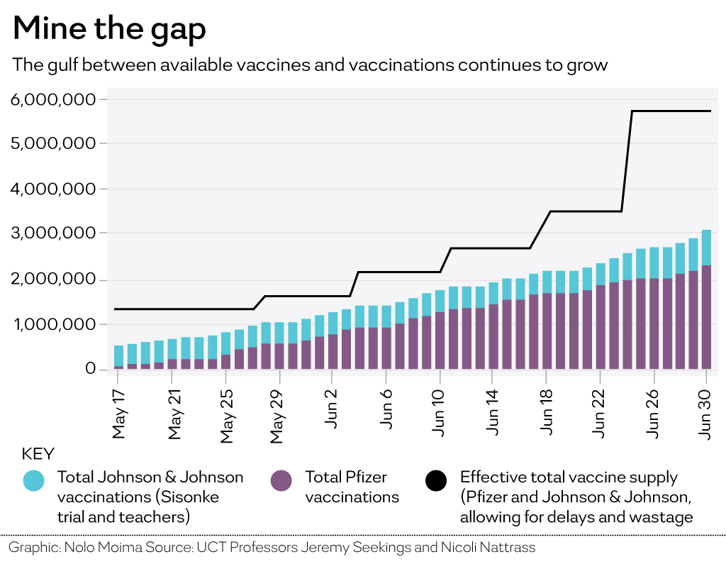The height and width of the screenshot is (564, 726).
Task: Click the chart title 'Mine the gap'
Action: (x=109, y=30)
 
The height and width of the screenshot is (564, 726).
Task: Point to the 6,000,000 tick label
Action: (x=53, y=99)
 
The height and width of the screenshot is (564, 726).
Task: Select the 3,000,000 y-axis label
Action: (x=53, y=233)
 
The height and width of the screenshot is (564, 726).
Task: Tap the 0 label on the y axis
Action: (x=90, y=369)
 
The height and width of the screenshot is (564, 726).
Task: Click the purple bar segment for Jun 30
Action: (x=706, y=317)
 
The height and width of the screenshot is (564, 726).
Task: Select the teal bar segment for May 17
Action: (x=118, y=356)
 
